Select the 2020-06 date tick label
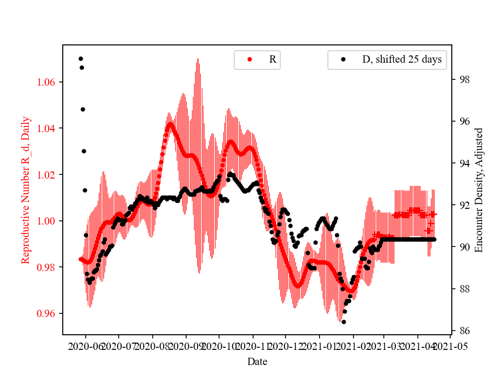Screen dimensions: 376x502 tap(85, 346)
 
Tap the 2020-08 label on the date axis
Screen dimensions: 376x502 tap(152, 346)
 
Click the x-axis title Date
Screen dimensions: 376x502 tap(257, 361)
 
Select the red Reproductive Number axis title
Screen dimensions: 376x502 tap(26, 190)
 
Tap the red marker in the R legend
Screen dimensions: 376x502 tap(249, 60)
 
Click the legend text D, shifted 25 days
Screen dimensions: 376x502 tap(402, 60)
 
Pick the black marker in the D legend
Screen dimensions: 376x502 tap(343, 60)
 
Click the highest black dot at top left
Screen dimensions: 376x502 tap(81, 58)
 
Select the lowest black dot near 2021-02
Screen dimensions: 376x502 tap(344, 322)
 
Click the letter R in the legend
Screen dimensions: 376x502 tap(272, 60)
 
